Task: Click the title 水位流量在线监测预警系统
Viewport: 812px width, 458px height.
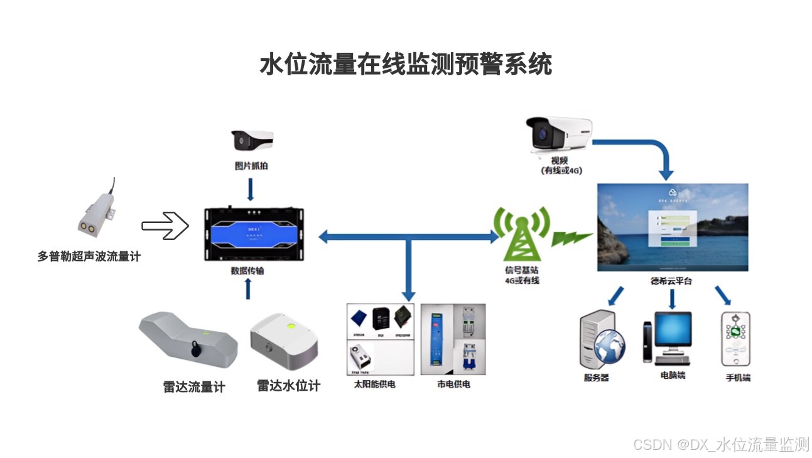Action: tap(406, 65)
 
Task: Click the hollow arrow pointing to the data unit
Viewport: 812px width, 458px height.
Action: tap(165, 226)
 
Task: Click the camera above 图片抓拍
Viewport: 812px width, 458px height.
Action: tap(252, 140)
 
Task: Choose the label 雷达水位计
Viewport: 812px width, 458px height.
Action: tap(288, 386)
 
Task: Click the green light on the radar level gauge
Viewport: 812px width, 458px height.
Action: tap(291, 325)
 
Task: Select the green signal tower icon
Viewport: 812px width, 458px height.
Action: tap(521, 234)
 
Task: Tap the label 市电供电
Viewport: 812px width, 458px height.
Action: tap(453, 384)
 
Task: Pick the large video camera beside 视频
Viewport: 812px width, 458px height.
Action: tap(558, 134)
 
